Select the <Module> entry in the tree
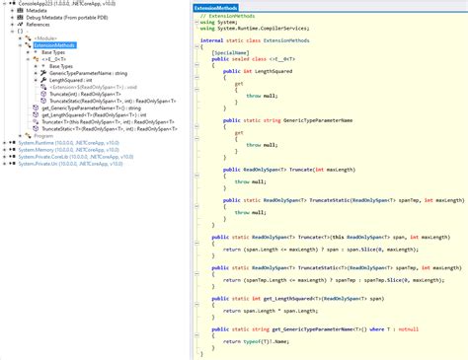(x=48, y=37)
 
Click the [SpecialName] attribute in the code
(x=230, y=55)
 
